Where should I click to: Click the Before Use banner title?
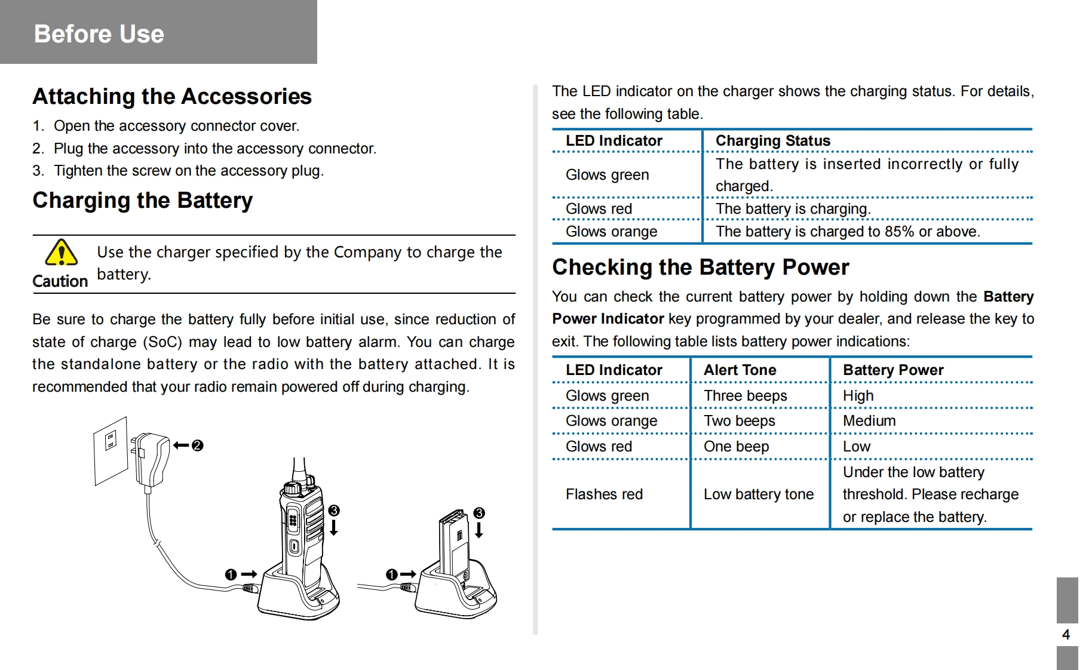pos(99,34)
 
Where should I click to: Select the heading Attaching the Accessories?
pos(172,96)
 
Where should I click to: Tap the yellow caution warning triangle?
pos(61,253)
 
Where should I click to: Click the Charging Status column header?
pos(773,141)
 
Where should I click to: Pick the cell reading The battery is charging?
pos(793,209)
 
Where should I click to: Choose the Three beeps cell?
pos(745,396)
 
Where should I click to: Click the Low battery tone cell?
pos(759,494)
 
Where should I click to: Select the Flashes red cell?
pos(604,494)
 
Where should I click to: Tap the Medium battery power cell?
pos(869,421)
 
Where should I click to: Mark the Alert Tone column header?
pos(740,370)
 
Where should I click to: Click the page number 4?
pos(1066,635)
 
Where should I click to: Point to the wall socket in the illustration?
pos(111,450)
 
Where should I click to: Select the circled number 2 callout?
pos(198,445)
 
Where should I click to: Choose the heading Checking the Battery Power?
pos(700,268)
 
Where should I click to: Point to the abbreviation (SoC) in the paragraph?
pos(162,342)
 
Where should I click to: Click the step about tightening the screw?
pos(178,171)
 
